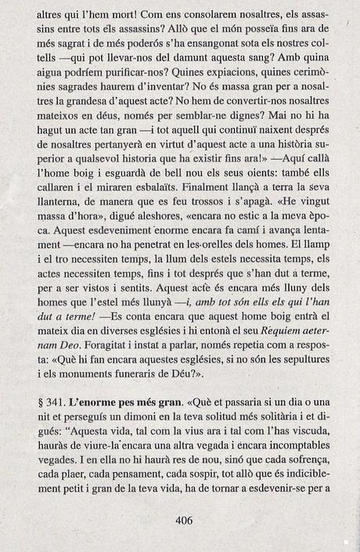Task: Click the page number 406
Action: tap(185, 519)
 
